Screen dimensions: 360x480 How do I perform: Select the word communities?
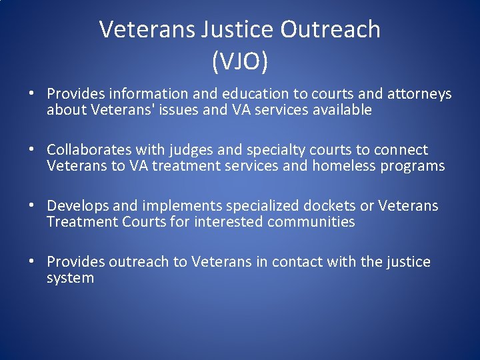311,221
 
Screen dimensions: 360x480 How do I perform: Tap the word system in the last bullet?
70,278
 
